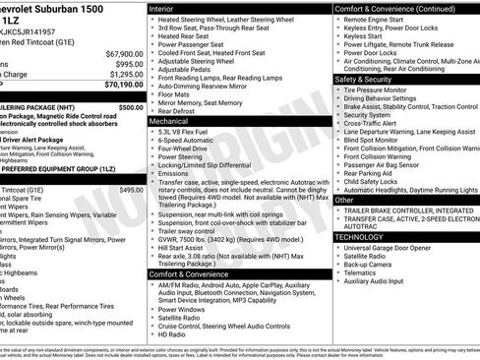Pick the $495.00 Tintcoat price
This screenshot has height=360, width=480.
(x=131, y=190)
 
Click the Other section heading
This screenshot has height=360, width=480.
(x=345, y=200)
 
